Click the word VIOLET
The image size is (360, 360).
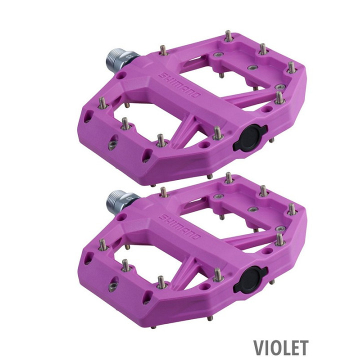click(x=280, y=347)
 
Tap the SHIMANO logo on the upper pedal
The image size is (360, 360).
click(x=180, y=85)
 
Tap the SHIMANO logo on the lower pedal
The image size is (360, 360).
click(x=180, y=226)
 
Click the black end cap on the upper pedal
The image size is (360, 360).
click(x=250, y=138)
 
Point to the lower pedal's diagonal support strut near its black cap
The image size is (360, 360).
click(x=185, y=273)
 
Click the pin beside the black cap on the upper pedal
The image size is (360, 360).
click(x=217, y=133)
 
